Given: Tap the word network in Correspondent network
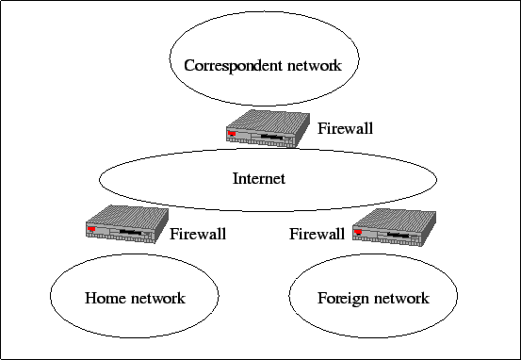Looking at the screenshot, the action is click(315, 65).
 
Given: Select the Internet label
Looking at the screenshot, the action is click(259, 178).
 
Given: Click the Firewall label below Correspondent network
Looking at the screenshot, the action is click(345, 128).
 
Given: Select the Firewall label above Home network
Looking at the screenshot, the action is click(198, 234).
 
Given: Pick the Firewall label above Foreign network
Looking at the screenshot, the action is click(317, 234).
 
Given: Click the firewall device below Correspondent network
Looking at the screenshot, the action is click(268, 128).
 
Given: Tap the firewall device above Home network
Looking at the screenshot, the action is click(127, 224).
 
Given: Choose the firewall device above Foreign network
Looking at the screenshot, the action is click(394, 227).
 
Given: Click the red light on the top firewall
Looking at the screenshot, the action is click(232, 134).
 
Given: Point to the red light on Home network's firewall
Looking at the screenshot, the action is click(91, 229).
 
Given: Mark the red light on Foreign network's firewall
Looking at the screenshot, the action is click(358, 232).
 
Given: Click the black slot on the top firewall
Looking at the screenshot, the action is click(271, 137).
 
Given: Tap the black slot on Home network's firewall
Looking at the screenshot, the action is click(131, 232).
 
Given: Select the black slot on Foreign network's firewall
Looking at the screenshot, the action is click(399, 235).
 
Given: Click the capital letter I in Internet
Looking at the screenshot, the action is click(236, 178).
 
